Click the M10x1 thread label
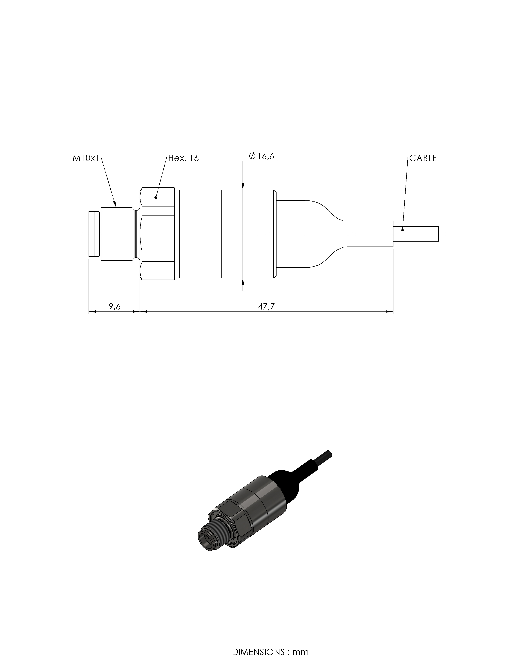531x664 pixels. click(86, 158)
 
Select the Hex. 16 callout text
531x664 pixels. click(183, 158)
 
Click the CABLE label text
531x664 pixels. click(423, 158)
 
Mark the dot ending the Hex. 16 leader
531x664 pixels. click(156, 197)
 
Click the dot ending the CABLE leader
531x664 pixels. click(402, 230)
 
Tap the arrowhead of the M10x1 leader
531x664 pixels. click(115, 204)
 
